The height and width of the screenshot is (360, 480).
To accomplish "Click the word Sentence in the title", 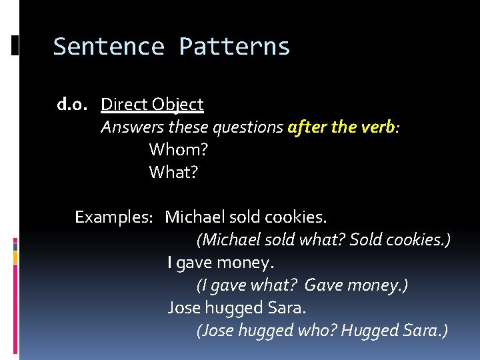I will click(x=108, y=47).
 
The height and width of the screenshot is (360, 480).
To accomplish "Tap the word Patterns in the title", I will click(x=235, y=47).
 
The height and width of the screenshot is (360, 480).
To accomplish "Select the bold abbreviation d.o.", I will click(x=73, y=105).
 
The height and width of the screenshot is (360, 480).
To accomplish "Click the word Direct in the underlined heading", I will click(x=124, y=105).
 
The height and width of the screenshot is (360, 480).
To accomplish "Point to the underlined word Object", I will click(x=177, y=105).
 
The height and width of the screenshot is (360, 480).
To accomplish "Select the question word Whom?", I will click(x=174, y=150).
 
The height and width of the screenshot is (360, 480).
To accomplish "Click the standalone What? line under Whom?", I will click(x=173, y=173).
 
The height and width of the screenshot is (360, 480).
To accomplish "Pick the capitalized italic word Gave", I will click(x=321, y=285).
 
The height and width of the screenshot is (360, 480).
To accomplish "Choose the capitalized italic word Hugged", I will click(x=370, y=331).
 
